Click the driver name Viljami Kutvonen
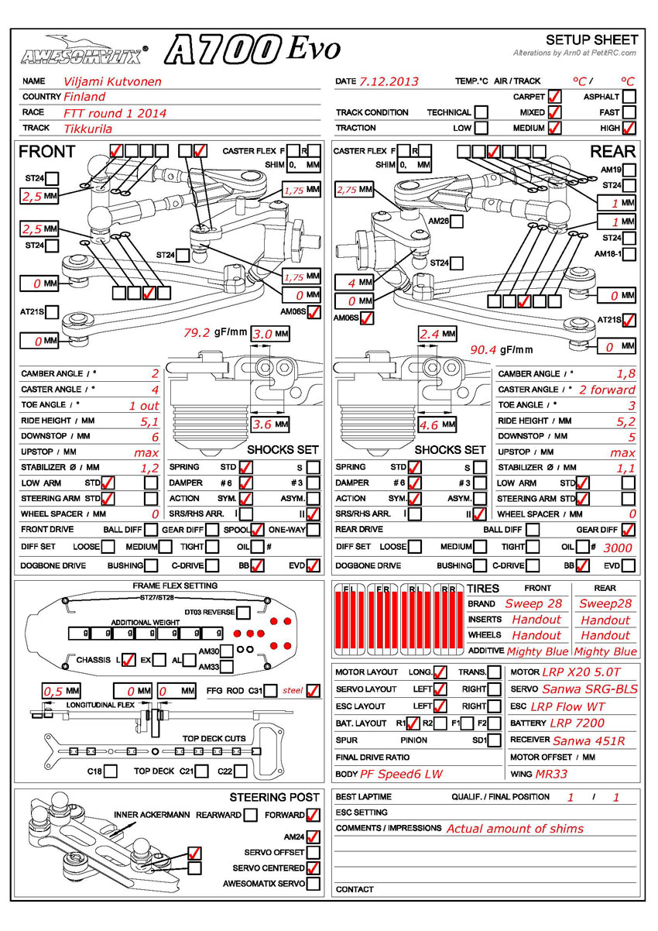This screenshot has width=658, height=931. tap(113, 81)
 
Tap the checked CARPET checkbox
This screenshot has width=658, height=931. tap(554, 97)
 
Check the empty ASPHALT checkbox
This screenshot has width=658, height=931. tap(629, 97)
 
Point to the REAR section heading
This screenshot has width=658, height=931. tap(612, 151)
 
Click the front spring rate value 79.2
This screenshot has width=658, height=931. tap(197, 334)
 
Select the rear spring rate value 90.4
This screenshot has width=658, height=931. tap(485, 349)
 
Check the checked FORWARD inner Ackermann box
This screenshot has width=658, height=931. tap(313, 815)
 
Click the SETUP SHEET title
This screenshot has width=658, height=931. tap(591, 40)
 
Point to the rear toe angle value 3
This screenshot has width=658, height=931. tap(631, 405)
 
